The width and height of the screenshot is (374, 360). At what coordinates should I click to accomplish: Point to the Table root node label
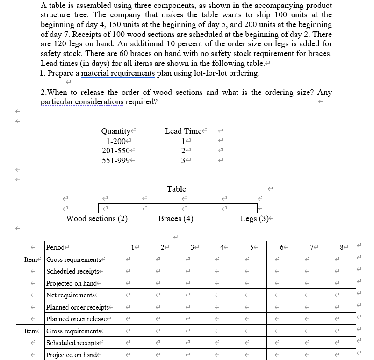click(176, 189)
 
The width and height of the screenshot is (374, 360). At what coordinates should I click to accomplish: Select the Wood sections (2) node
click(97, 218)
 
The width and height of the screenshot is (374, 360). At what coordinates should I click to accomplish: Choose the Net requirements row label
click(71, 295)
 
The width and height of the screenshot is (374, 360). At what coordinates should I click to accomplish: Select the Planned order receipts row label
click(78, 307)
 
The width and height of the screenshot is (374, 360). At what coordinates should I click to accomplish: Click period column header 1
click(133, 247)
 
